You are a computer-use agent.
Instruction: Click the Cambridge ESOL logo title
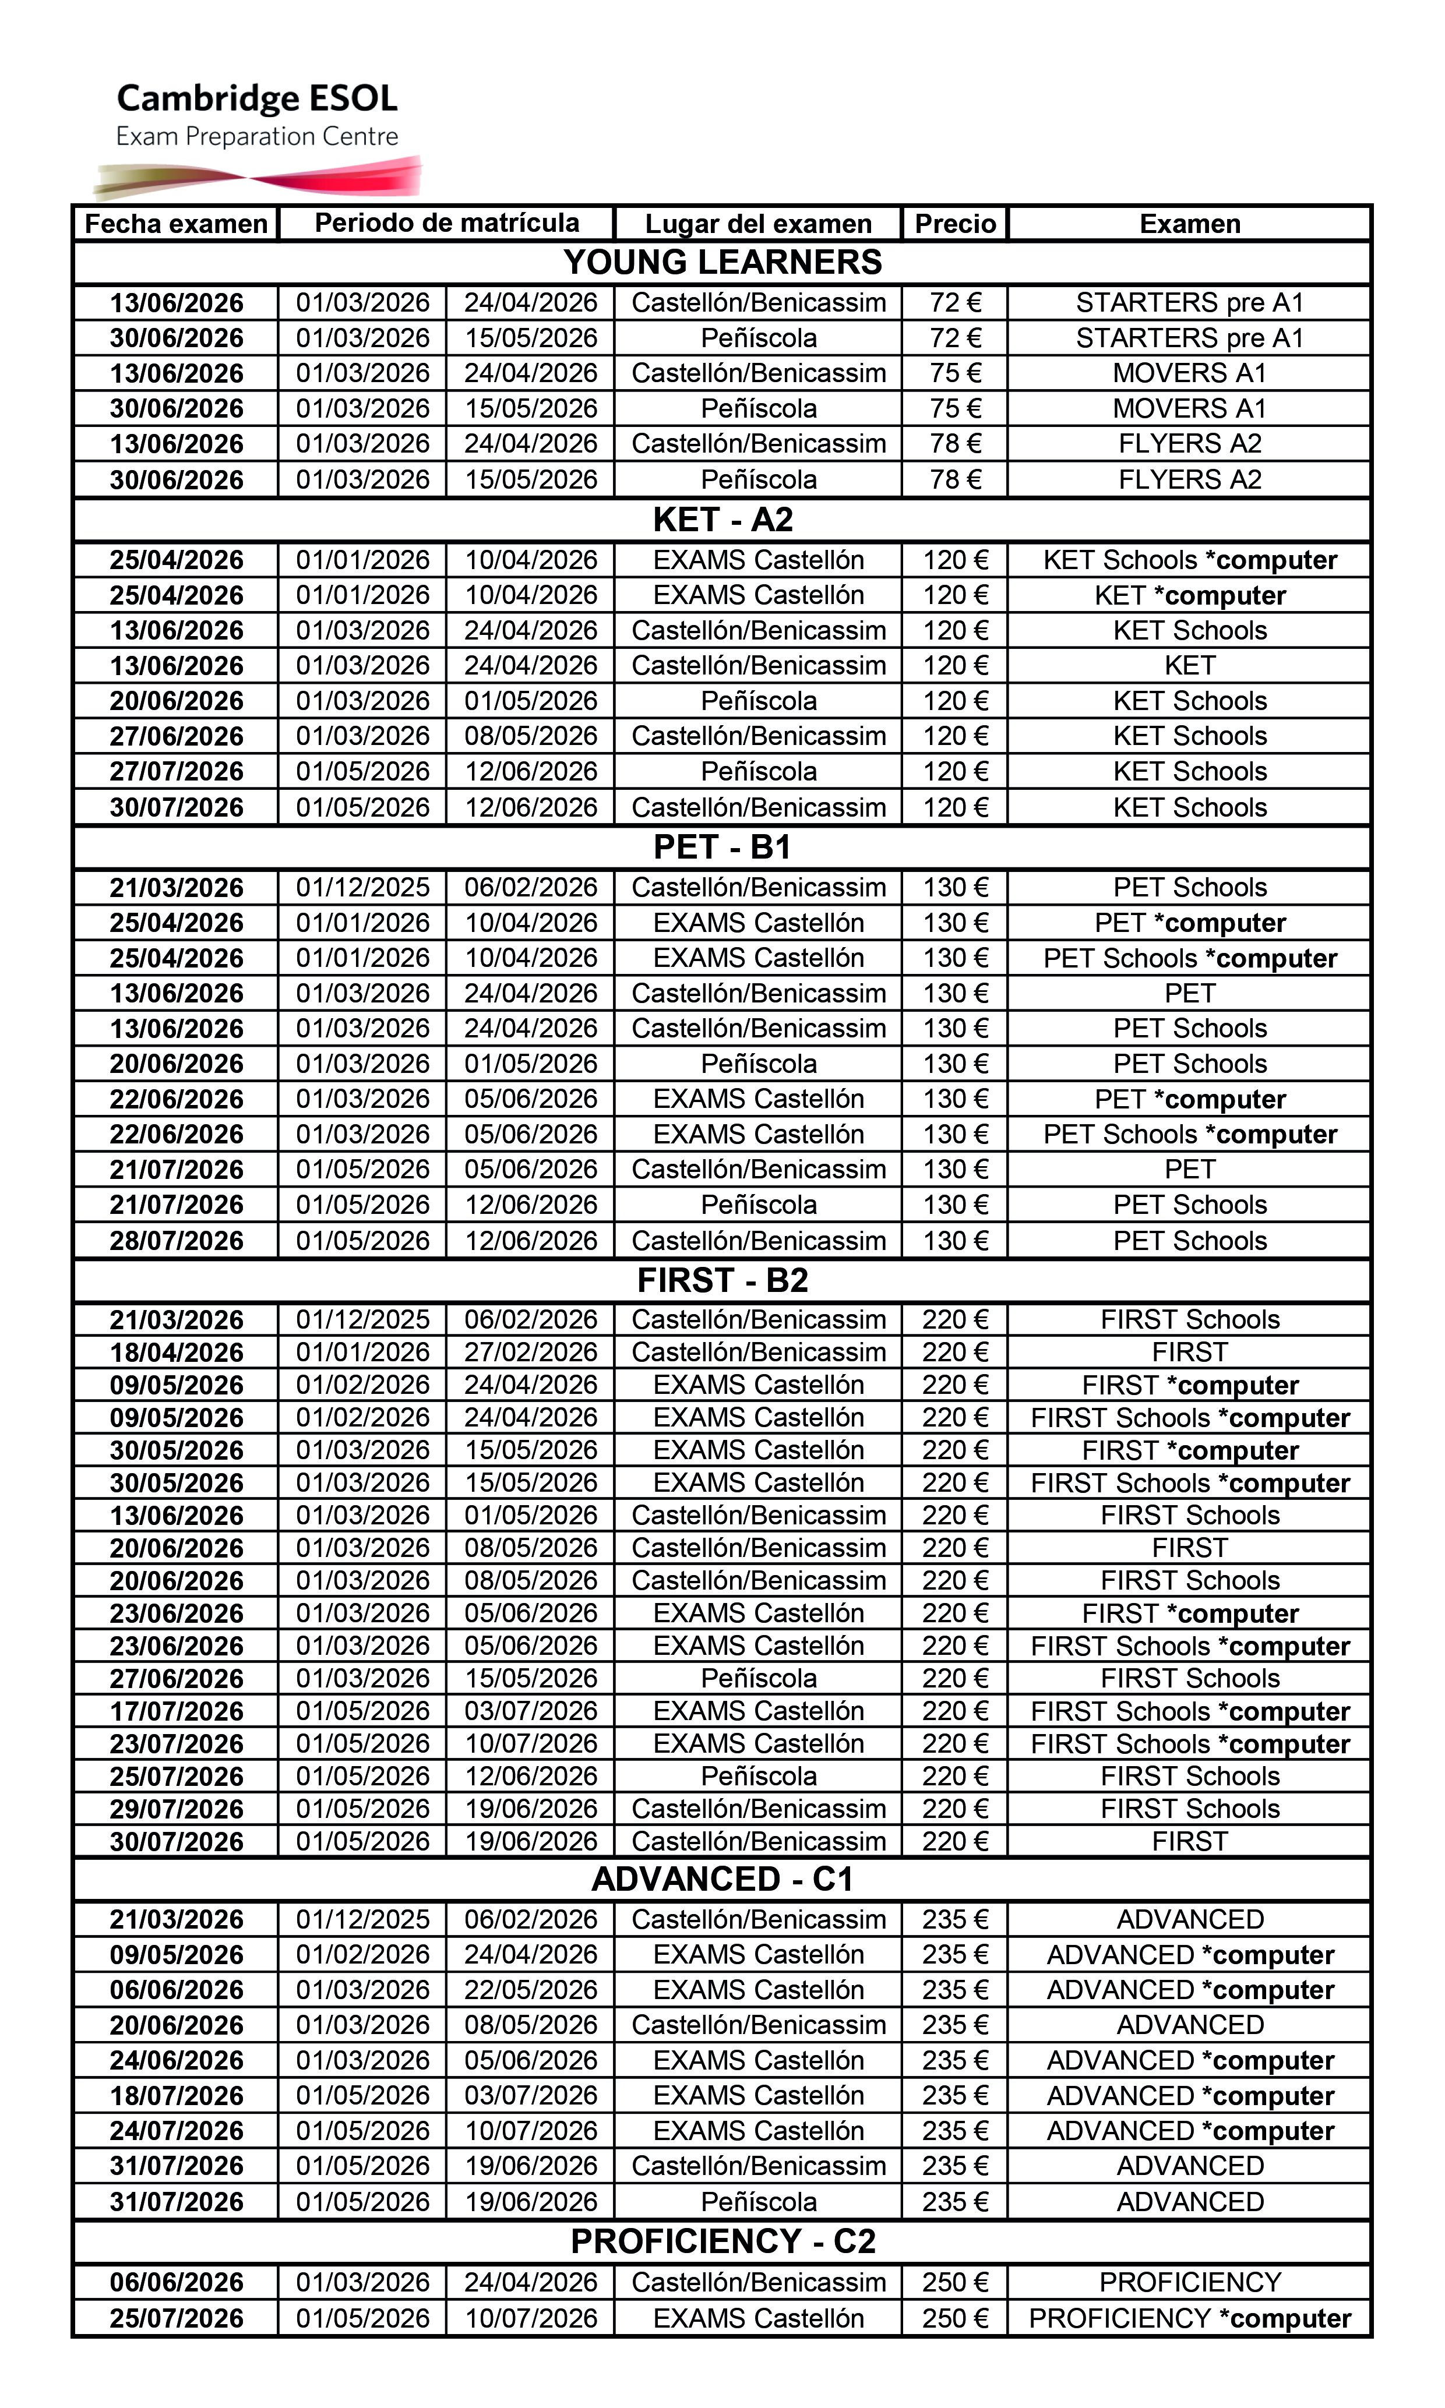[257, 98]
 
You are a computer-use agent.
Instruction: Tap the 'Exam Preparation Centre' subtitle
[257, 136]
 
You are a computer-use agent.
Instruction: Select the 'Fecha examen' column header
[176, 224]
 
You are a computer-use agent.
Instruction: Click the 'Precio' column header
[955, 224]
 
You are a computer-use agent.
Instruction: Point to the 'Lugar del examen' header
[759, 224]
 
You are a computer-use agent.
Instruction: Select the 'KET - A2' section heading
[722, 520]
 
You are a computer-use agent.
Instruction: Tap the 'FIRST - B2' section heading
[722, 1280]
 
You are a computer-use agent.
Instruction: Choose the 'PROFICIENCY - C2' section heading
[722, 2241]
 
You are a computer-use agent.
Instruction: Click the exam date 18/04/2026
[176, 1352]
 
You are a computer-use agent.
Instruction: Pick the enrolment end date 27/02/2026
[531, 1352]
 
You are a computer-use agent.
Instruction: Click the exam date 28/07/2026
[176, 1241]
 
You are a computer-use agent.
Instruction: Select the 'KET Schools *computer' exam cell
[1190, 560]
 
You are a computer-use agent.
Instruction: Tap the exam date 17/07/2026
[176, 1711]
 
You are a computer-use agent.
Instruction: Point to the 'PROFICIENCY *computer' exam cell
[1190, 2318]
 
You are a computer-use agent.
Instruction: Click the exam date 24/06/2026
[176, 2060]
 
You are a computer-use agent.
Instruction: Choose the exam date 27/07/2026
[176, 772]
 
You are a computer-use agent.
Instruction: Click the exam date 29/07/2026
[176, 1809]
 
